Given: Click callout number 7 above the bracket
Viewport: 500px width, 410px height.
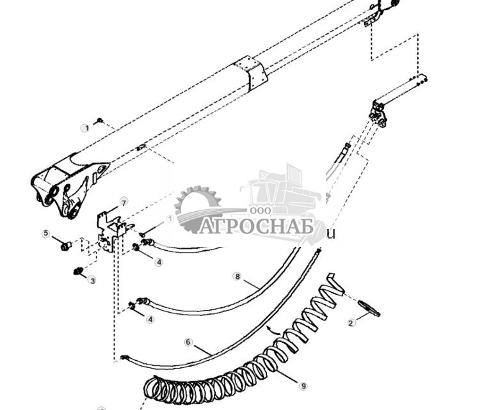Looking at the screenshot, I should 124,203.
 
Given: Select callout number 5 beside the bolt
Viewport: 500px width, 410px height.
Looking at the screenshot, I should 45,233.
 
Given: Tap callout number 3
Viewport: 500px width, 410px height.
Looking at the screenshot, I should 92,280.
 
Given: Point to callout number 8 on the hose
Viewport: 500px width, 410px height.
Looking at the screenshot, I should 238,277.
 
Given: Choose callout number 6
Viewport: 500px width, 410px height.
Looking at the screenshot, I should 188,342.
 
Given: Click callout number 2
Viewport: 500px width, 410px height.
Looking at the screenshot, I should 351,323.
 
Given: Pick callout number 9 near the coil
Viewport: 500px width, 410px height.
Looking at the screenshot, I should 304,386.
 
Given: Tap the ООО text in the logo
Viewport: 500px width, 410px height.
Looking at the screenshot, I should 261,210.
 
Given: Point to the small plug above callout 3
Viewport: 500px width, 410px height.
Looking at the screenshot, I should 79,271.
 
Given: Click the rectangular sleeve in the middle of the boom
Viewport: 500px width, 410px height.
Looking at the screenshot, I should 250,74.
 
